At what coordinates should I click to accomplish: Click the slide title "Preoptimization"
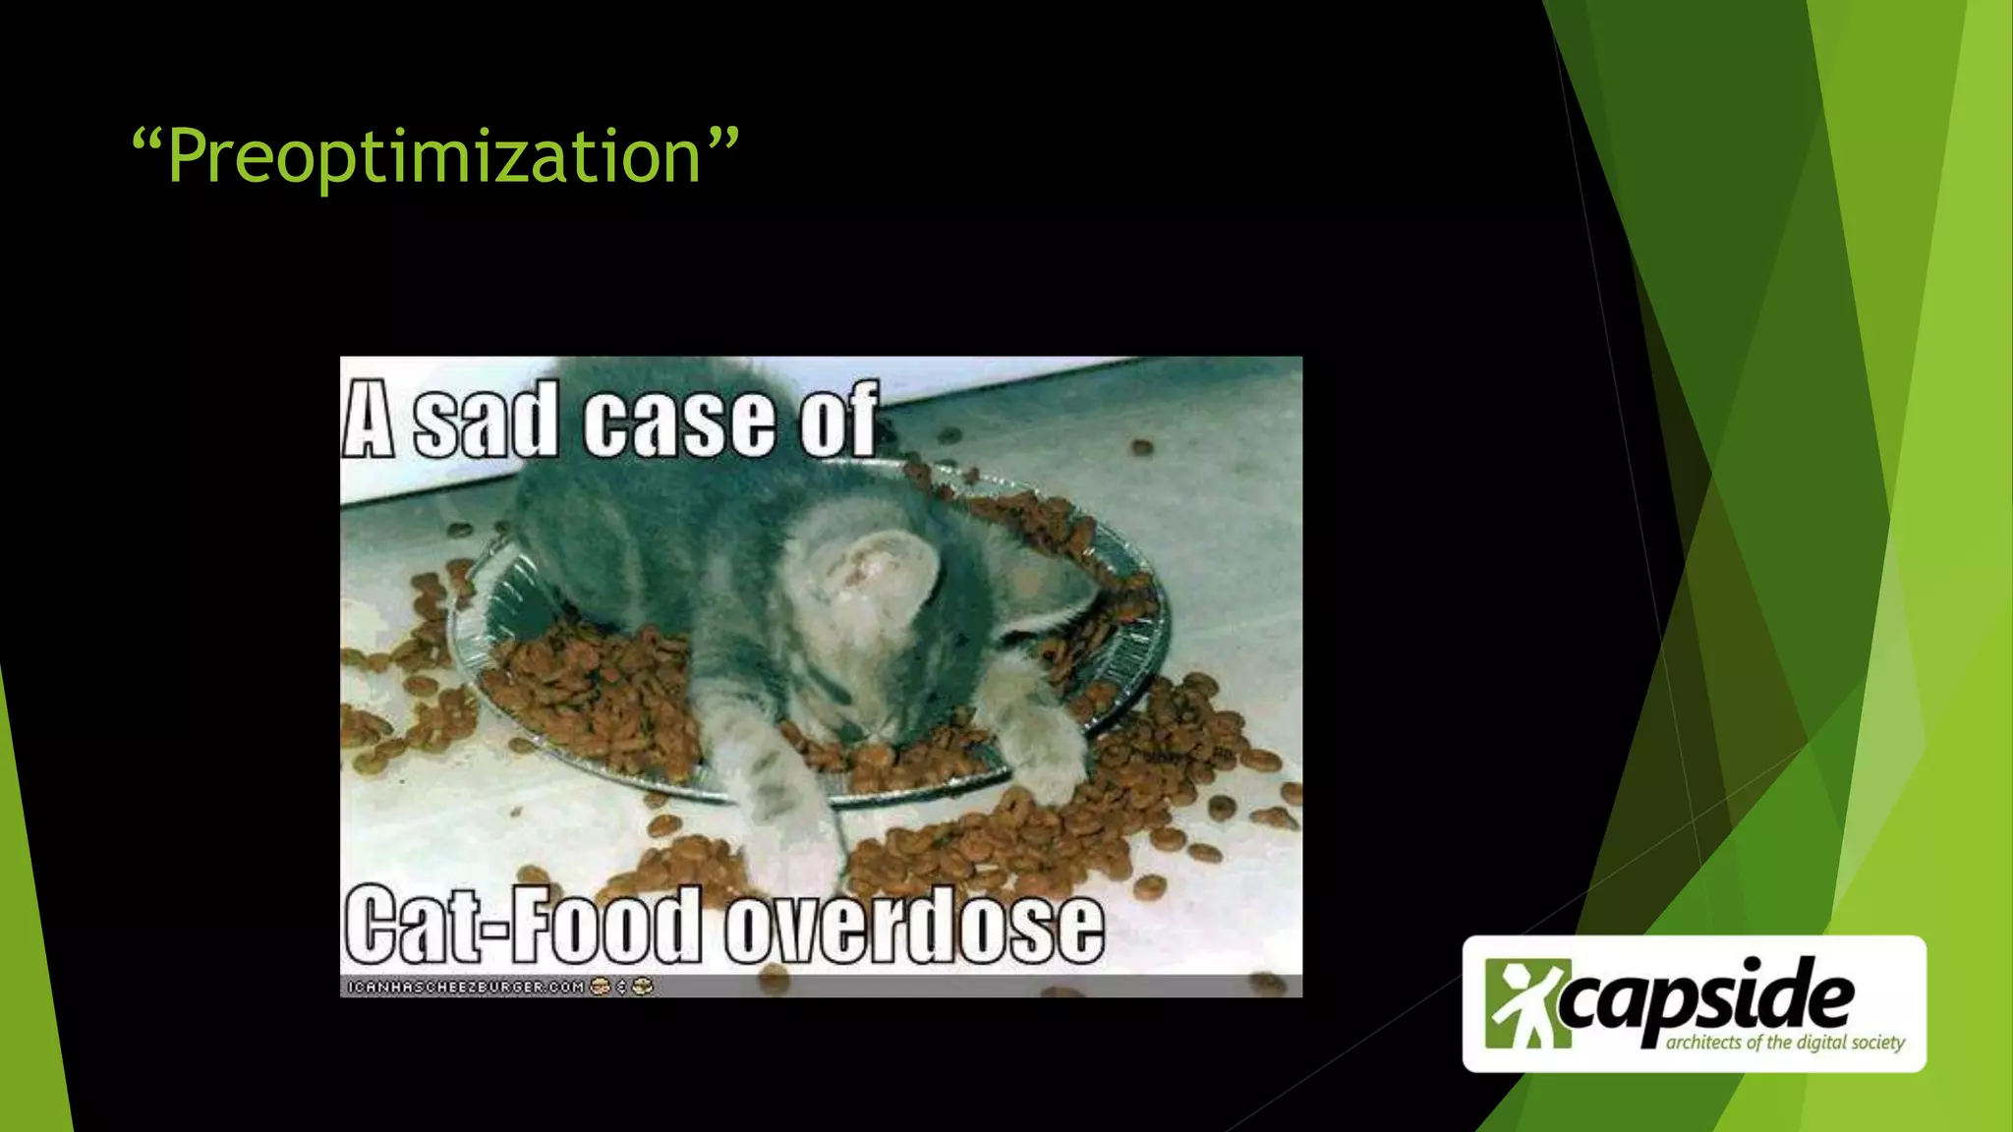[x=434, y=157]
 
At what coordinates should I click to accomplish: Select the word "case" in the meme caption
[x=678, y=422]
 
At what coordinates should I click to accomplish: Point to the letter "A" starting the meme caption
[x=369, y=422]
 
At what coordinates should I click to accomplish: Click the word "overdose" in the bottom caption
[x=914, y=927]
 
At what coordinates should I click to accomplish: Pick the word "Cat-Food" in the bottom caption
[x=522, y=927]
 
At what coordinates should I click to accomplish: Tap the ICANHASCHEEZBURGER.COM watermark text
[x=466, y=986]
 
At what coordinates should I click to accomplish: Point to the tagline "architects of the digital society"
[x=1785, y=1043]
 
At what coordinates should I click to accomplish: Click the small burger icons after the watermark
[x=621, y=986]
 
